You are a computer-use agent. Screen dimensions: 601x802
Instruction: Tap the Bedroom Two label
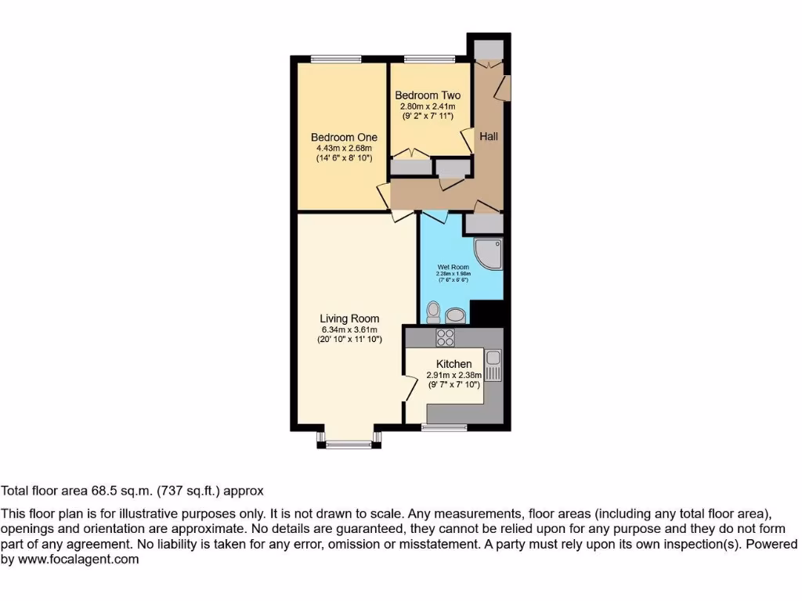click(428, 95)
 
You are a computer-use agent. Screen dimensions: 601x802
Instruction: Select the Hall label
click(489, 136)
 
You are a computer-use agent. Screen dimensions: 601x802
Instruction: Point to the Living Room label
click(349, 318)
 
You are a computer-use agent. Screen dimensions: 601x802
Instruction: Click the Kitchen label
click(453, 364)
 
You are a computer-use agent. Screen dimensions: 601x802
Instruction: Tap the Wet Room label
click(453, 267)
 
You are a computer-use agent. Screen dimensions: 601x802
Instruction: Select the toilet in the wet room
click(433, 313)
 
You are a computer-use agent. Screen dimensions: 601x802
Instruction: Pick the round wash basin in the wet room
click(454, 315)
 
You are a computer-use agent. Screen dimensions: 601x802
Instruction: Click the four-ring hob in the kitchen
click(446, 338)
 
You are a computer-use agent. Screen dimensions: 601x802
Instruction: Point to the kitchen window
click(444, 427)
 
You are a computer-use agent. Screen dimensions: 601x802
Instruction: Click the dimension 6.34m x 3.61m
click(349, 329)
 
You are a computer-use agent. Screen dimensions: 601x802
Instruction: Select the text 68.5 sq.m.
click(127, 491)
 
